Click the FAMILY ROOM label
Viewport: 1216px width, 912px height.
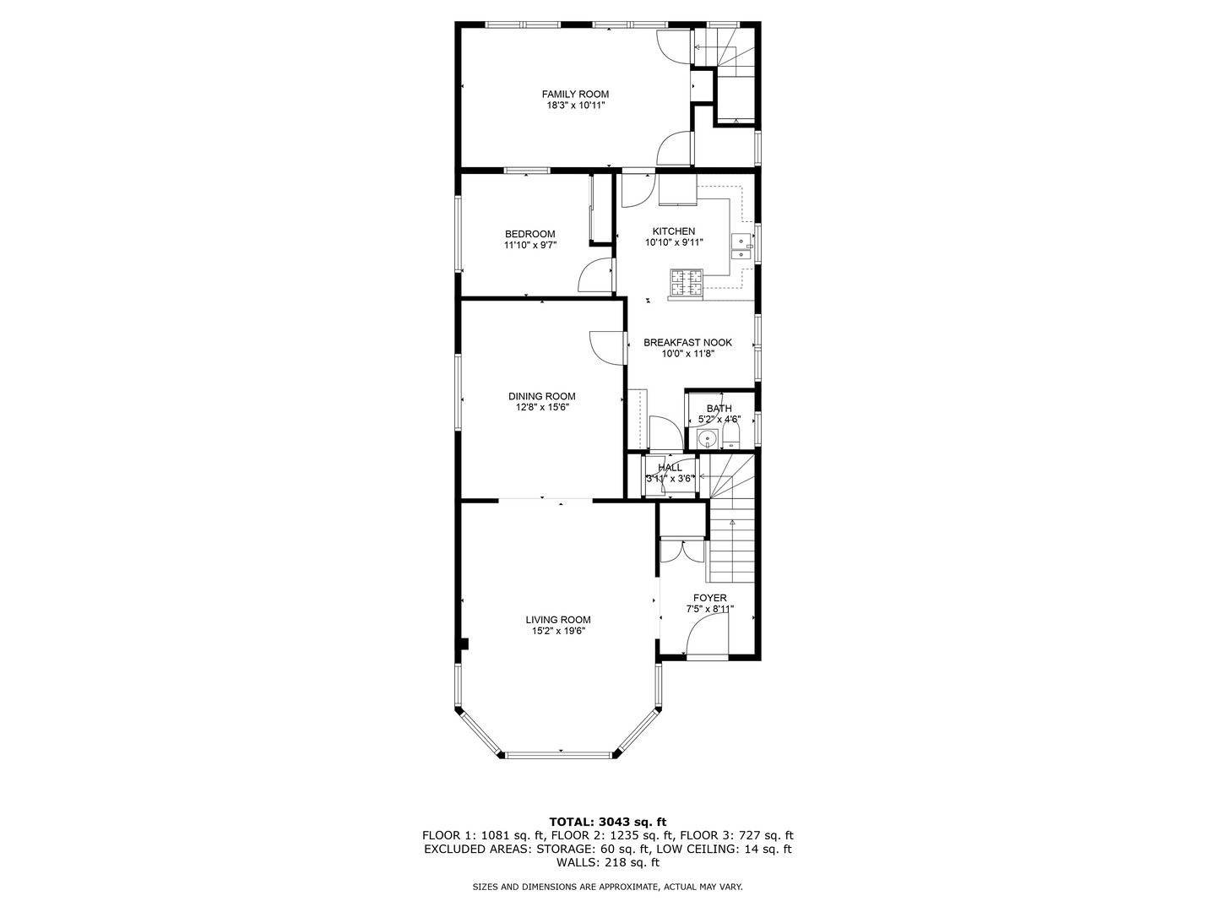coord(575,94)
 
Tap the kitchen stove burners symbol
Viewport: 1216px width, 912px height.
coord(686,283)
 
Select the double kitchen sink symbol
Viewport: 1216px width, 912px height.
coord(741,246)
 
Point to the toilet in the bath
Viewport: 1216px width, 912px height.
coord(731,436)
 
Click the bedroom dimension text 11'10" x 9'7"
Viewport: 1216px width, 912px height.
coord(529,246)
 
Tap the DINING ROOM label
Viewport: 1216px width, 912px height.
coord(541,396)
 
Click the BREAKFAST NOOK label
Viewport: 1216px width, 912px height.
coord(687,342)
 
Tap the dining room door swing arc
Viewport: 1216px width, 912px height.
coord(605,348)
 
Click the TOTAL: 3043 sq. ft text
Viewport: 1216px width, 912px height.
coord(607,821)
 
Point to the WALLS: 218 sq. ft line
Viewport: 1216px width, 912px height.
coord(607,863)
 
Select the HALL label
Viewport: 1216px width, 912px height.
coord(670,467)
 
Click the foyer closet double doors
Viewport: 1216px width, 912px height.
coord(681,551)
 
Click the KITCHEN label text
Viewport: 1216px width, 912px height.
coord(673,231)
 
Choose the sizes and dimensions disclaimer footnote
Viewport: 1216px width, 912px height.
coord(607,887)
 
